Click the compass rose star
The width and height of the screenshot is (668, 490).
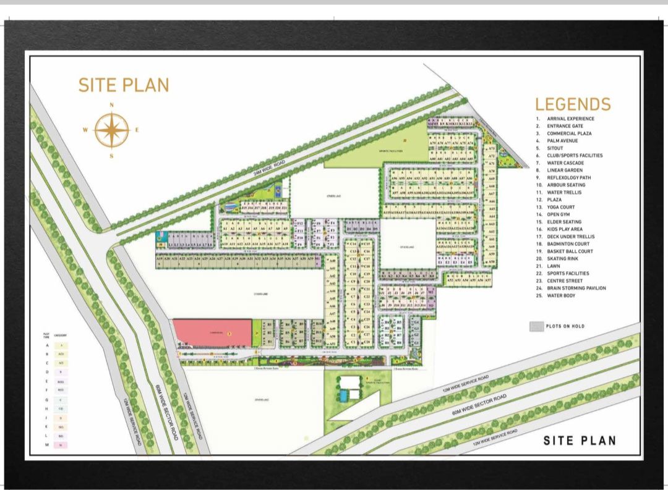pyautogui.click(x=112, y=130)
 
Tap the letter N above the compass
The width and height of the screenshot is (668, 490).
pyautogui.click(x=112, y=105)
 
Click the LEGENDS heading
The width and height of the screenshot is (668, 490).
pyautogui.click(x=573, y=104)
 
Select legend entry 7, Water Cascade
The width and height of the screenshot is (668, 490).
pyautogui.click(x=565, y=163)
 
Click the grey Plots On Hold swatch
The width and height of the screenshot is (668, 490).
pyautogui.click(x=536, y=326)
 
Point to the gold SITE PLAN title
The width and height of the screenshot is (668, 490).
pyautogui.click(x=124, y=85)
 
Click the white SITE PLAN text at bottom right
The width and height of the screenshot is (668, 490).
pyautogui.click(x=580, y=441)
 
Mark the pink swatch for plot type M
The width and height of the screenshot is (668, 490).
pyautogui.click(x=62, y=445)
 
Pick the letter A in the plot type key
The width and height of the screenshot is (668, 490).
pyautogui.click(x=47, y=345)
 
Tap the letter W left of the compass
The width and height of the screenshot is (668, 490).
pyautogui.click(x=85, y=130)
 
